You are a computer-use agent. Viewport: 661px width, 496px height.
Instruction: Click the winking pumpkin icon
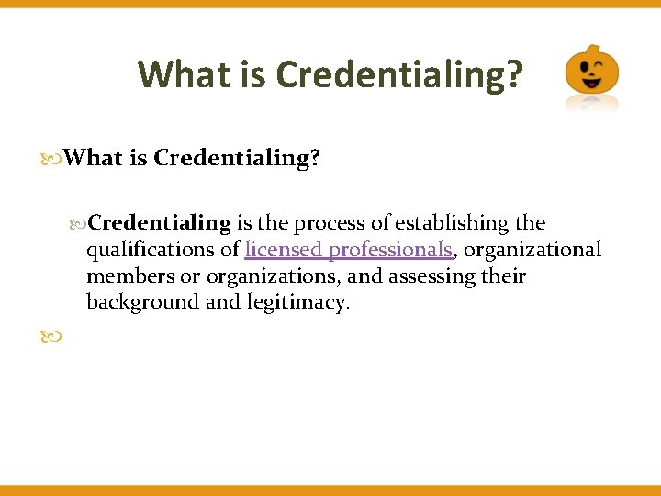tap(591, 72)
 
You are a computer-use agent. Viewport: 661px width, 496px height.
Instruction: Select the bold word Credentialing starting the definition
tap(161, 222)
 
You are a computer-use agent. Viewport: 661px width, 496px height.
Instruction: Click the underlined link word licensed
tap(284, 249)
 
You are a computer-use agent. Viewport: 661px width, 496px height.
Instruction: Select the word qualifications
tap(151, 249)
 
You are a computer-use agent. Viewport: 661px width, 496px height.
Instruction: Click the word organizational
tap(532, 249)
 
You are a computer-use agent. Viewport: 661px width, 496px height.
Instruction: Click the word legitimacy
tap(296, 302)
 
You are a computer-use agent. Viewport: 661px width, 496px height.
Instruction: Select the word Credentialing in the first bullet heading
tap(237, 158)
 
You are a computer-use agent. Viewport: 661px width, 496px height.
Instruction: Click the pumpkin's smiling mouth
tap(591, 85)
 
